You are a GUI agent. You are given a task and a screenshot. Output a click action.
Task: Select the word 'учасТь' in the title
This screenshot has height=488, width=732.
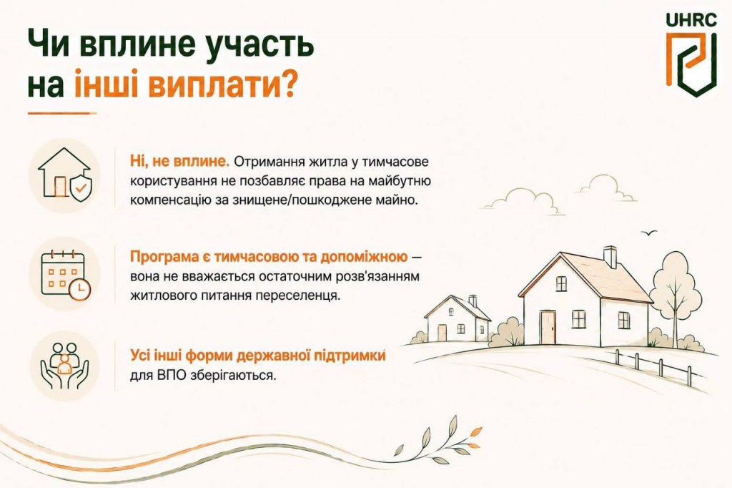259,44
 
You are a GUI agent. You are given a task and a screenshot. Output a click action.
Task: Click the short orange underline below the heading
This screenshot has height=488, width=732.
62,113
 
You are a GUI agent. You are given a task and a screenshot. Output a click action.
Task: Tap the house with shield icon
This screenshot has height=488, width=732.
64,174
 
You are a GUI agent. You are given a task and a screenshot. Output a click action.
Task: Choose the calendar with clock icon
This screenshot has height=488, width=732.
65,275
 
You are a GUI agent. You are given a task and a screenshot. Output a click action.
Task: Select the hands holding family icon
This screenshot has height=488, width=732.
65,366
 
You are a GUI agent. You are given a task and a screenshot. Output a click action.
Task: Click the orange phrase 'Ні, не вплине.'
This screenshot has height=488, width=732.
179,162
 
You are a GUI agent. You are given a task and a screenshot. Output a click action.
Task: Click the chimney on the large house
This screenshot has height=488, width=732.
610,257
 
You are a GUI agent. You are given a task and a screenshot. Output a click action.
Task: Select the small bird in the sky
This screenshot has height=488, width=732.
649,232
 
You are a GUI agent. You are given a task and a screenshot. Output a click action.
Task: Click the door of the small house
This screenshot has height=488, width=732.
442,332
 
